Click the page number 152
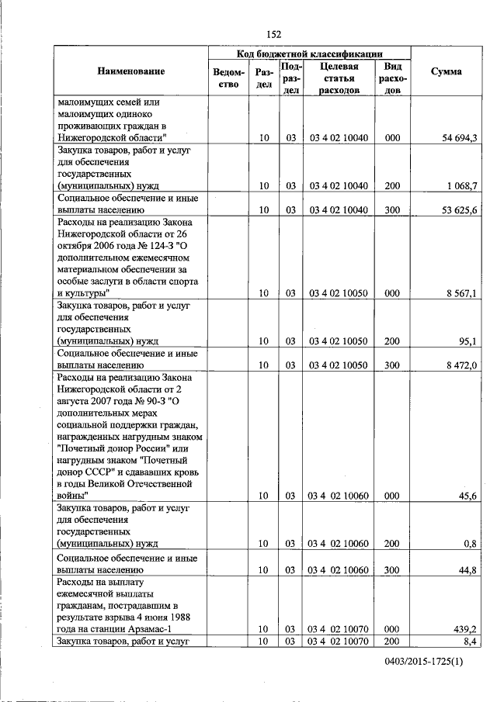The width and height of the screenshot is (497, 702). (273, 33)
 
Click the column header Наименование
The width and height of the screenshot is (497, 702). (130, 71)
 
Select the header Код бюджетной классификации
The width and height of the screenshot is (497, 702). (309, 54)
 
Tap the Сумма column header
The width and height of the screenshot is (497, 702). (446, 71)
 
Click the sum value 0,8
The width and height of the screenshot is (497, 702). (470, 544)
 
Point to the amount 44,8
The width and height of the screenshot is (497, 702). (468, 570)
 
